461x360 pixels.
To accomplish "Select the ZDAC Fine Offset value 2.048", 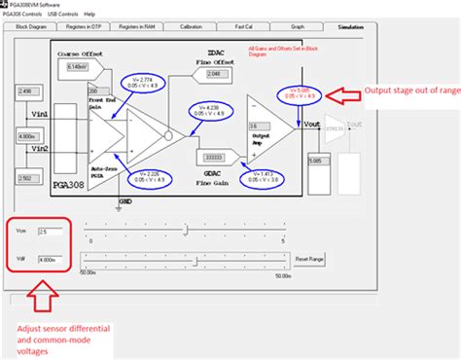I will click(x=219, y=74).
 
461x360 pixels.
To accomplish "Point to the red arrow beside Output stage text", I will click(x=343, y=94).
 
